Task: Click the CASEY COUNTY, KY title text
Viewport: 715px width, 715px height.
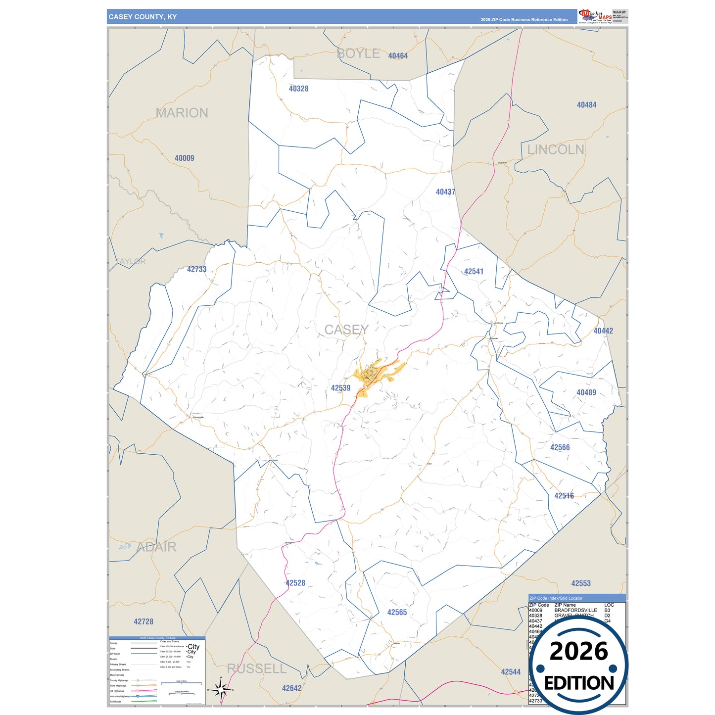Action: click(143, 17)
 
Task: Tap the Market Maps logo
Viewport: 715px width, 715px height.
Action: click(595, 16)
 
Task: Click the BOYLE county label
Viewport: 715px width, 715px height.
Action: click(358, 54)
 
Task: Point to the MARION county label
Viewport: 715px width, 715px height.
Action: click(182, 113)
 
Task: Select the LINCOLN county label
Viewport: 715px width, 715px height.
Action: click(555, 150)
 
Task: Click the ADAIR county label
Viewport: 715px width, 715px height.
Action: click(156, 547)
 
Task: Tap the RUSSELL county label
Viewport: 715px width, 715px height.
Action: click(256, 669)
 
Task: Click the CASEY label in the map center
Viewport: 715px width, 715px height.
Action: click(346, 330)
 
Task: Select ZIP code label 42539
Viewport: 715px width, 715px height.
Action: click(340, 388)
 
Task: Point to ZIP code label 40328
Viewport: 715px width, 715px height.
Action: click(298, 89)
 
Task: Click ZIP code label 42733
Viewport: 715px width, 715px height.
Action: click(196, 270)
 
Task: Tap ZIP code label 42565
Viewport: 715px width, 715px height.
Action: click(397, 613)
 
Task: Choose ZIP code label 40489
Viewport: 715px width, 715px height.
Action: click(586, 393)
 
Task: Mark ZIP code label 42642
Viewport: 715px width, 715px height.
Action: click(291, 688)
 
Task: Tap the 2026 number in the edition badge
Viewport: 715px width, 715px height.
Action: click(578, 652)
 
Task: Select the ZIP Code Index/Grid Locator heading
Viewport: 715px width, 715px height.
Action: click(556, 598)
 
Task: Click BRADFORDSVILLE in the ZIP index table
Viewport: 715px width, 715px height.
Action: click(575, 611)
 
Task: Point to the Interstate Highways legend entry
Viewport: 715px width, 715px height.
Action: click(120, 696)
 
